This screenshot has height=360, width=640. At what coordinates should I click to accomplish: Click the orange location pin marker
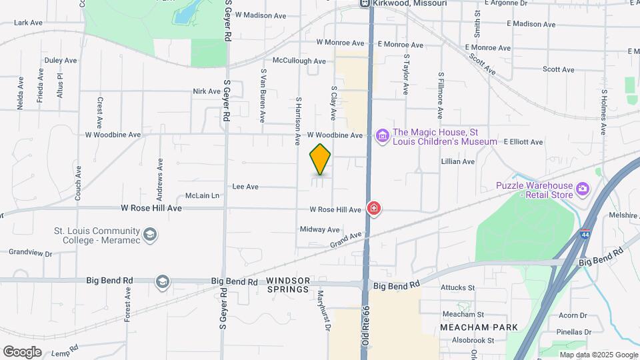point(320,159)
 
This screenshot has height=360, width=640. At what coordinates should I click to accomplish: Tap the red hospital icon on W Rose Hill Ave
point(374,209)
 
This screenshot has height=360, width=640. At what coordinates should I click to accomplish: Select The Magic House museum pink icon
point(382,136)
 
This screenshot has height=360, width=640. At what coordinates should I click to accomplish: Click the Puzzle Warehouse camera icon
point(583,189)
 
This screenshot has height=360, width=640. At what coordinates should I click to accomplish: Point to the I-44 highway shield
point(585,235)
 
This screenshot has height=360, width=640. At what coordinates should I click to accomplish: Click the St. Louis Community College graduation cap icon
point(150,234)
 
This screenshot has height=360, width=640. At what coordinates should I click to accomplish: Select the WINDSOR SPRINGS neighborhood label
point(288,285)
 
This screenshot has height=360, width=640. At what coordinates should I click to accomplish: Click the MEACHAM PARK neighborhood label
point(471,327)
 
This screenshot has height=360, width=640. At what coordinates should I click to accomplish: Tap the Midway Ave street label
point(320,229)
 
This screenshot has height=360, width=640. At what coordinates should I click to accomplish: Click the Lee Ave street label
point(245,187)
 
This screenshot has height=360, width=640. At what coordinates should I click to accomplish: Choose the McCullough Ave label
point(299,61)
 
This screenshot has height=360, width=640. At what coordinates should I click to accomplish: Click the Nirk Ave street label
point(206,91)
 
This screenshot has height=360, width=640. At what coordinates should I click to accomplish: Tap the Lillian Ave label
point(458,161)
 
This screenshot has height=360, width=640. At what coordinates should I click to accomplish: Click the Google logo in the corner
point(23,351)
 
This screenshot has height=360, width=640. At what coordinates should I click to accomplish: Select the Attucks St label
point(457,288)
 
